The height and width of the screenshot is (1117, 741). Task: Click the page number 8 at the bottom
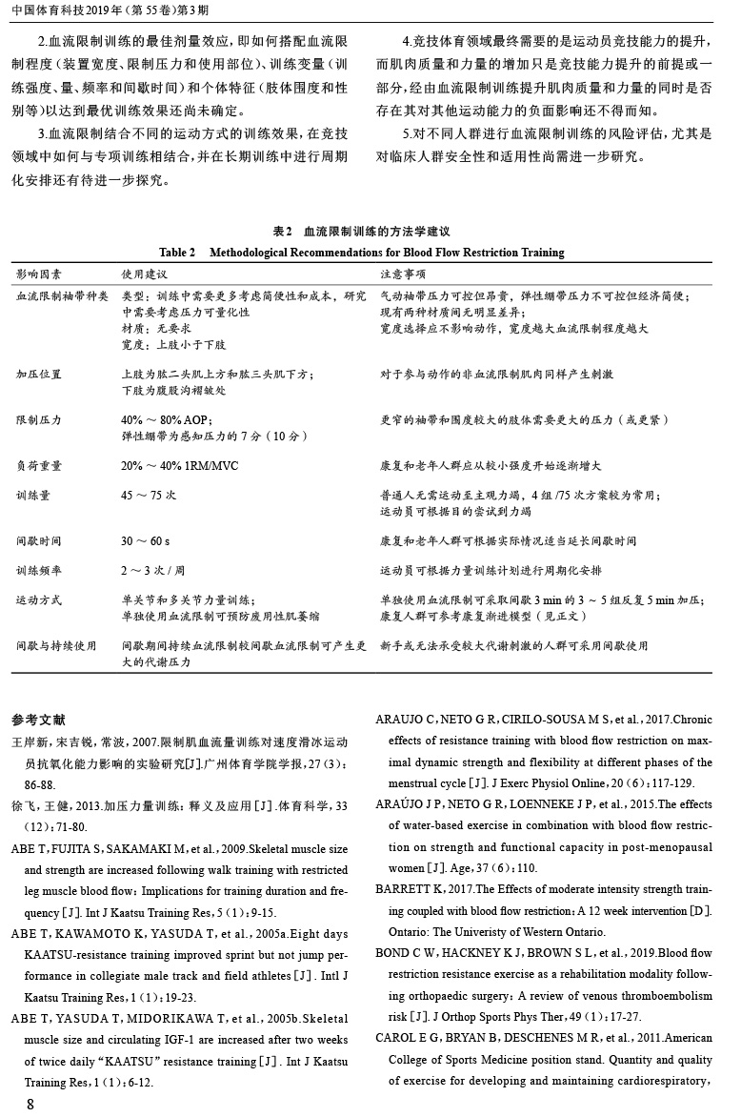tap(30, 1104)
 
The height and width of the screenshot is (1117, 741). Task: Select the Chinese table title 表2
tap(281, 232)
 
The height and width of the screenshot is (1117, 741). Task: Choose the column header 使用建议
tap(144, 274)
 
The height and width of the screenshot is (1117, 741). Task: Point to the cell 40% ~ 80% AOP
tap(167, 420)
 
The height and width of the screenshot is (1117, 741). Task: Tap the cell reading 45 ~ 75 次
tap(149, 496)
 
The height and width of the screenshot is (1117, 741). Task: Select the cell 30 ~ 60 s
tap(146, 540)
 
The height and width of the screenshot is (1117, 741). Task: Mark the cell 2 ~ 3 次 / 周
tap(152, 570)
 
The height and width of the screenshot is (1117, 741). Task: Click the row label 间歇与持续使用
tap(55, 645)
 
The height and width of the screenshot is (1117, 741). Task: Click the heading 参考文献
tap(37, 718)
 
